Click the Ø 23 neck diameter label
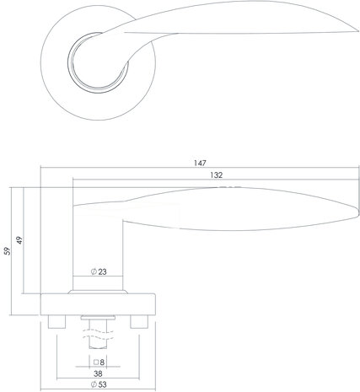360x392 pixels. [99, 272]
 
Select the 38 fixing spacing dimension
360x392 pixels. [99, 374]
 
